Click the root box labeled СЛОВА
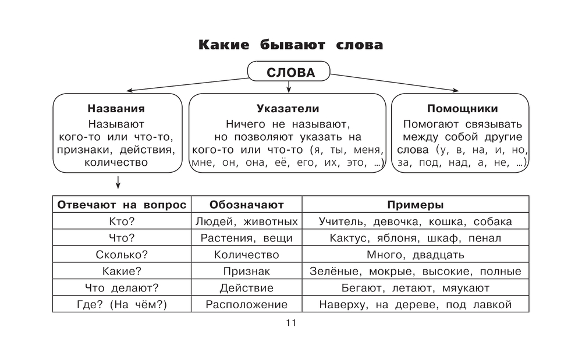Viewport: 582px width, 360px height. [x=289, y=73]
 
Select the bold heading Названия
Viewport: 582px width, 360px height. [x=116, y=109]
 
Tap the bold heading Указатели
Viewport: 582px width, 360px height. [x=288, y=109]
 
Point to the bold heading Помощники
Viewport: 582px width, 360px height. [x=462, y=109]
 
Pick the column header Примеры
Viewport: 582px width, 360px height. [x=416, y=205]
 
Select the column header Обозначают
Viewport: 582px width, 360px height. [x=247, y=205]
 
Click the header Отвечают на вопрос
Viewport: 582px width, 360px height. [x=122, y=205]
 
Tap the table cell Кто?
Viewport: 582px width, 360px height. [x=122, y=222]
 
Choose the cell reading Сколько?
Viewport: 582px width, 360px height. [x=122, y=255]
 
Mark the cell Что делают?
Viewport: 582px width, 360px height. [x=122, y=288]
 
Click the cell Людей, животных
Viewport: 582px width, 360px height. [x=247, y=222]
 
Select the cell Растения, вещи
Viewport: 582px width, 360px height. [x=247, y=238]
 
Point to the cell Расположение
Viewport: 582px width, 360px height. [x=247, y=304]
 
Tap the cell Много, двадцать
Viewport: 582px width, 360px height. [x=416, y=255]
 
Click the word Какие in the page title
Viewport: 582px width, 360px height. [x=222, y=45]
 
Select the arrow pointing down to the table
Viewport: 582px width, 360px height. [x=119, y=183]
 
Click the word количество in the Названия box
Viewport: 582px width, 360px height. [x=116, y=162]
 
